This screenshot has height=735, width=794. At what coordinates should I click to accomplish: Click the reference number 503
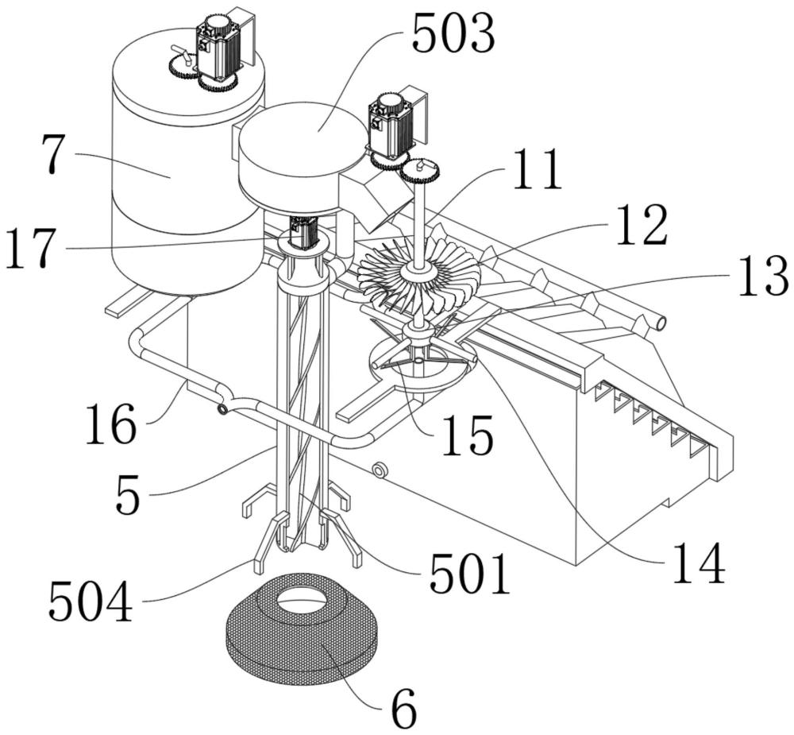453,34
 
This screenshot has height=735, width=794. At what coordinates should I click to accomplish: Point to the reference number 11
538,170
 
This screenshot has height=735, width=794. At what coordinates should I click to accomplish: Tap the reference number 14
700,563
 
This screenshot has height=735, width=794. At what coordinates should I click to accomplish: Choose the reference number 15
468,435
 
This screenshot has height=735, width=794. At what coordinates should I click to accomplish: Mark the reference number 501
468,574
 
